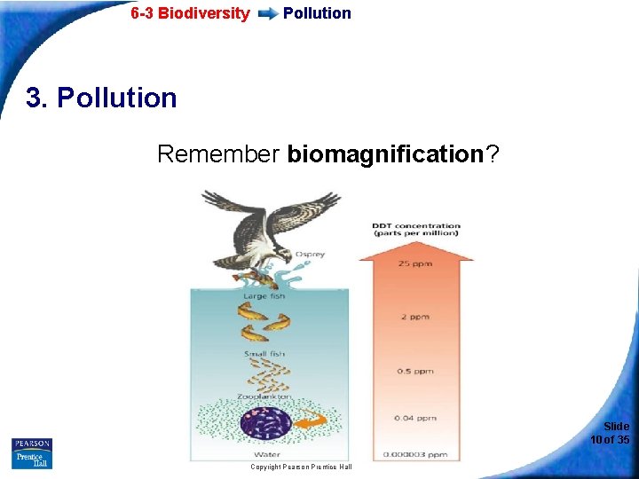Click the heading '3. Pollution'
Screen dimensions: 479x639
tap(101, 97)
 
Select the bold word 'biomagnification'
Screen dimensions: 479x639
tap(383, 154)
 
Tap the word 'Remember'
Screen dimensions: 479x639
tap(218, 154)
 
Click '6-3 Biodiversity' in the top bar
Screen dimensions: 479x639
tap(190, 13)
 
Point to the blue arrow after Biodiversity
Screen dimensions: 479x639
tap(266, 14)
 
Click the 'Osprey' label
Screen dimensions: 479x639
tap(311, 254)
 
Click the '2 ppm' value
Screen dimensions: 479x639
tap(416, 316)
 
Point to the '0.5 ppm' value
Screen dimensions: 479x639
tap(416, 371)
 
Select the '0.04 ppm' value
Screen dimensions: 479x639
tap(416, 418)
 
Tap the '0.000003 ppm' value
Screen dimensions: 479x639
tap(415, 455)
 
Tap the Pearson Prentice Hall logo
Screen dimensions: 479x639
tap(32, 453)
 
